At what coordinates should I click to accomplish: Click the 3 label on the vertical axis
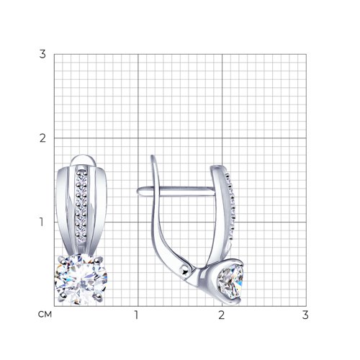pyautogui.click(x=42, y=54)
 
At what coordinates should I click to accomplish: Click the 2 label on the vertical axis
pyautogui.click(x=42, y=138)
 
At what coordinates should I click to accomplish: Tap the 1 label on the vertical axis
pyautogui.click(x=42, y=222)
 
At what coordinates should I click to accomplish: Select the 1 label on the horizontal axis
pyautogui.click(x=136, y=315)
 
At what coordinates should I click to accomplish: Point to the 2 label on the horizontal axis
pyautogui.click(x=221, y=315)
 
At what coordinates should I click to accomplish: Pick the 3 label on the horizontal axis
pyautogui.click(x=305, y=315)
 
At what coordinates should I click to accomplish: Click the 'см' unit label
pyautogui.click(x=45, y=315)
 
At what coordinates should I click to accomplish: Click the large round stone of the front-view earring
pyautogui.click(x=81, y=279)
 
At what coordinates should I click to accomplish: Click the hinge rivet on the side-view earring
pyautogui.click(x=185, y=271)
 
